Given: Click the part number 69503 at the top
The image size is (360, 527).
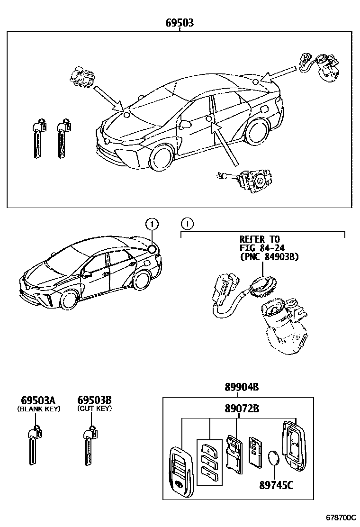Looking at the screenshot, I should (179, 22).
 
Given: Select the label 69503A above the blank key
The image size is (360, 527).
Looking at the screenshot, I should (39, 400).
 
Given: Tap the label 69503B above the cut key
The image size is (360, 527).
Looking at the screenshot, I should (95, 400).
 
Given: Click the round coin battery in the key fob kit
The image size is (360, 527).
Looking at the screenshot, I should (274, 459).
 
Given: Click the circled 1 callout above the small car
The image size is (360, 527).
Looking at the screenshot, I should (151, 223).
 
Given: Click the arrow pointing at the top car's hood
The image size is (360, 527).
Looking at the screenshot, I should (107, 98).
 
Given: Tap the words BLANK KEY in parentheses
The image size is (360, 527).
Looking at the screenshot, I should (39, 409).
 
